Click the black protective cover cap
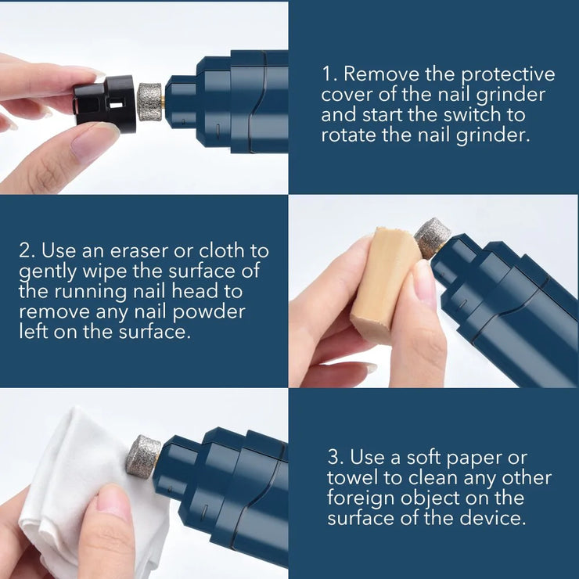(x=106, y=104)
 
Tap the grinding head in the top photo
(x=149, y=102)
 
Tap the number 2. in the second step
(x=27, y=251)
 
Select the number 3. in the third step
(x=336, y=457)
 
